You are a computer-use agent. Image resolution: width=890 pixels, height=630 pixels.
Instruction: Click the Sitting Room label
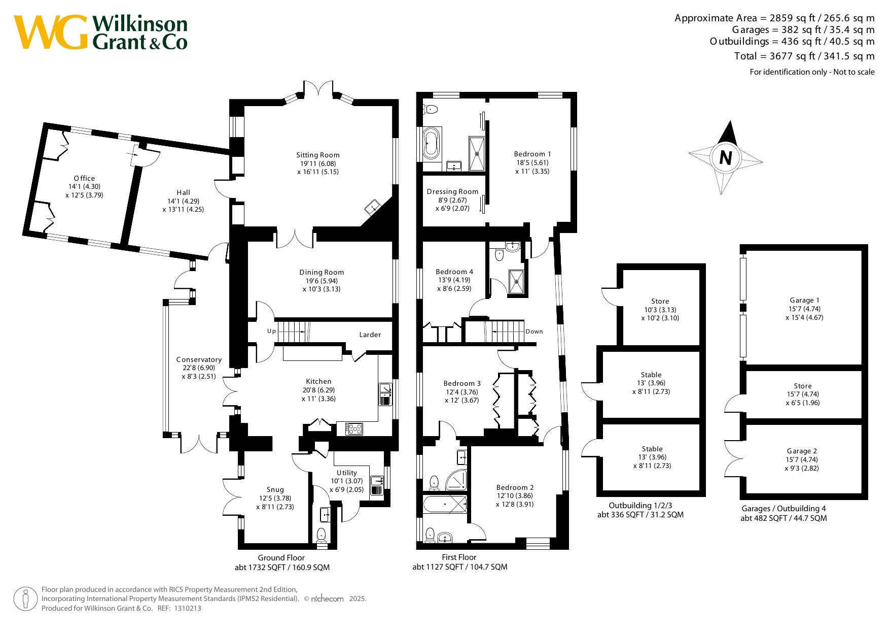point(318,155)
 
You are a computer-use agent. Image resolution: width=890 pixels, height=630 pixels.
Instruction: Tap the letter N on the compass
point(726,158)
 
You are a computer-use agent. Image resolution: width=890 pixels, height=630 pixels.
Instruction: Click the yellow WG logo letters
point(51,32)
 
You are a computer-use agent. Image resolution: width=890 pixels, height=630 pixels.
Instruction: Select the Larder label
point(370,335)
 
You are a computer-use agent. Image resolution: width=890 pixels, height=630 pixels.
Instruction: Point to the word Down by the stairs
point(534,331)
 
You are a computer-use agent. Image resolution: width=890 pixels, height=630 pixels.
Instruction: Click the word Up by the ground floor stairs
point(271,331)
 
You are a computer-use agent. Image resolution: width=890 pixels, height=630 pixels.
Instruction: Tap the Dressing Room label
point(452,192)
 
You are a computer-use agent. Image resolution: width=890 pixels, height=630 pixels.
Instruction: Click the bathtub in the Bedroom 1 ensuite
point(431,144)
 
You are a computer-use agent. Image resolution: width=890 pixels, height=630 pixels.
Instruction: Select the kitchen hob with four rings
point(354,429)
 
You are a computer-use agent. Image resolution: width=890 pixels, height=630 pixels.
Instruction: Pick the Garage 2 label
point(802,451)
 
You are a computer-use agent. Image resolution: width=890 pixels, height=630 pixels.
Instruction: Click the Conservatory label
point(199,360)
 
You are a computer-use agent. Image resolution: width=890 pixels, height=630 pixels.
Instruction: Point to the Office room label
point(84,179)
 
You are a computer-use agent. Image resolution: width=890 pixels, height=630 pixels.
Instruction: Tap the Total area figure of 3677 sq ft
point(804,56)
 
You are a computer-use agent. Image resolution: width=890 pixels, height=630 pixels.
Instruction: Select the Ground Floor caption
point(281,558)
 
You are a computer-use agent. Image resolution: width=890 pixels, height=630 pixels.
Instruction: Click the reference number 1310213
point(187,609)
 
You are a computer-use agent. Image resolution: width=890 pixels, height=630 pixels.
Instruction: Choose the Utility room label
point(347,473)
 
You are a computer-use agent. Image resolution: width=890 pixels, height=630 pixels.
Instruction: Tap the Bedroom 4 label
point(454,272)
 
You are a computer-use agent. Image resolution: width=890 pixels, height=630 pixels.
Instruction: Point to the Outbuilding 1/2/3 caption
point(640,506)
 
